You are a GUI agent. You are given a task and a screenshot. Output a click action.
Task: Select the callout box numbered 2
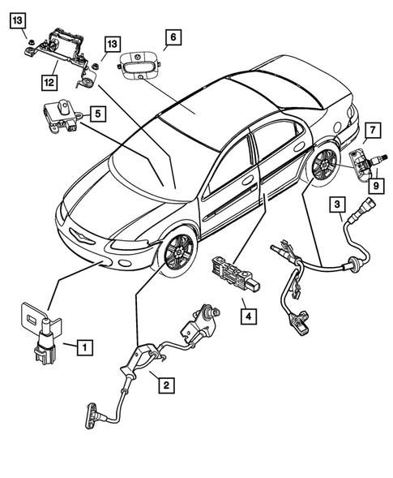(x=164, y=384)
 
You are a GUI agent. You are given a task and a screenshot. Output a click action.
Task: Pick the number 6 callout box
(x=173, y=37)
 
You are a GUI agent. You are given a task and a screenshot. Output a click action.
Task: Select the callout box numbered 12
(x=49, y=81)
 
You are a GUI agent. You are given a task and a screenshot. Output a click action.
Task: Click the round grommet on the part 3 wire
(x=353, y=263)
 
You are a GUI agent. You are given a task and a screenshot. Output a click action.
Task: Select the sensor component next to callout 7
(x=358, y=162)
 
